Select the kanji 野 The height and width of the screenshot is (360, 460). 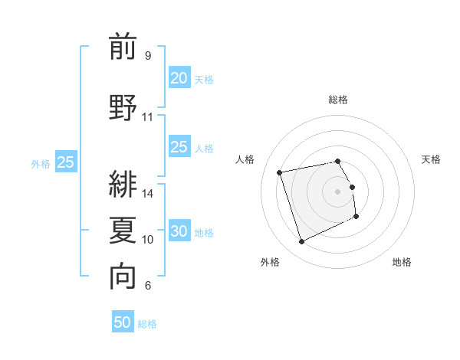point(123,106)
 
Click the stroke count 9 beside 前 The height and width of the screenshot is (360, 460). point(147,56)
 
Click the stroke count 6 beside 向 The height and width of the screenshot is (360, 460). point(147,286)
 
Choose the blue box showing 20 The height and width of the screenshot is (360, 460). point(179,78)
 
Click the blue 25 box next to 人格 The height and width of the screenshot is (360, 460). point(179,147)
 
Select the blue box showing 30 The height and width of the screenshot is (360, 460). point(179,231)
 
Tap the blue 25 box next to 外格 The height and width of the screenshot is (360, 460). point(65,162)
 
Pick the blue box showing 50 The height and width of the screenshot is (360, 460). point(123,322)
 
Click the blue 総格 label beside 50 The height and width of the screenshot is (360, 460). point(147,324)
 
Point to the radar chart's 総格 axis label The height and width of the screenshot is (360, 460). point(338,100)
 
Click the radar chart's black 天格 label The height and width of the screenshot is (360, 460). point(431,159)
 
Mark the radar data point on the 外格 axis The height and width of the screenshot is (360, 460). point(301,242)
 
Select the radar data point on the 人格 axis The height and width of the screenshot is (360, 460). point(280,172)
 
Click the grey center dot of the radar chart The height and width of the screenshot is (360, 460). point(338,191)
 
